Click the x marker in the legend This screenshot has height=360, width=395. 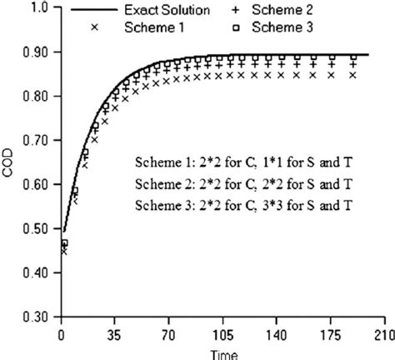[99, 26]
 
